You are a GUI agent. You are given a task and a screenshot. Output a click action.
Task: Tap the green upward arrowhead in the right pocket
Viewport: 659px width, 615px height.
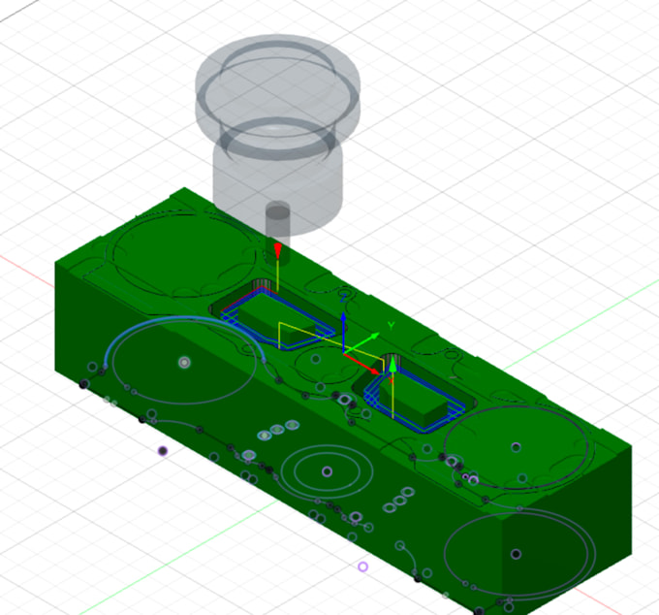point(393,366)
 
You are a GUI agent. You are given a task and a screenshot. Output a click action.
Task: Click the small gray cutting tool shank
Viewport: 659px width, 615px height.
point(278,221)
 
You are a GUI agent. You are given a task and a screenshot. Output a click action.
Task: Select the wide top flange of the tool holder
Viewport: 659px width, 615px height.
point(278,82)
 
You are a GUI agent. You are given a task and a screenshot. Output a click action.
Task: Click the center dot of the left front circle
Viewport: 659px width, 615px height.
point(184,362)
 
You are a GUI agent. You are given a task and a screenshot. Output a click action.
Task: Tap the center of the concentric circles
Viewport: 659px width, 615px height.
point(327,471)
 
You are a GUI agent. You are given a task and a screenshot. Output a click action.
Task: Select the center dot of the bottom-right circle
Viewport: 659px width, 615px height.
point(516,554)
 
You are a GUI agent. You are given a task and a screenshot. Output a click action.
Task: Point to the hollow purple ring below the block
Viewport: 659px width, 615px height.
point(363,566)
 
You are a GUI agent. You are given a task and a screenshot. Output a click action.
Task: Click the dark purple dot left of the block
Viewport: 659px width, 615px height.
point(162,451)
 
